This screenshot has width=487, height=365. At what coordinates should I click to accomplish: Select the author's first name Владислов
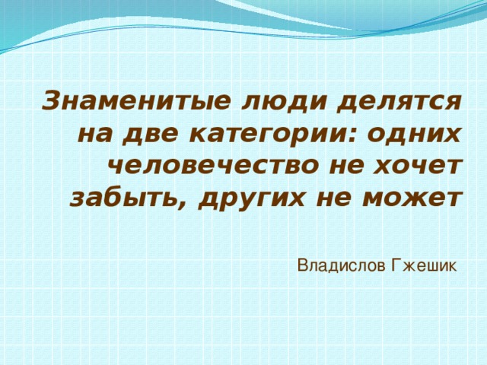point(341,265)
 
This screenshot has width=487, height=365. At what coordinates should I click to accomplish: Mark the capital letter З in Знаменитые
point(50,100)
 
